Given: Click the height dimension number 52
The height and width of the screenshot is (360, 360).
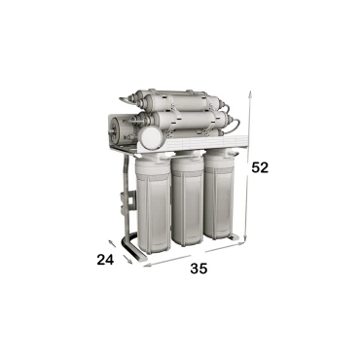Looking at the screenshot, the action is tap(260, 167).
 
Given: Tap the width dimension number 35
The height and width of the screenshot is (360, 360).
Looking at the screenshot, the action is tap(198, 269).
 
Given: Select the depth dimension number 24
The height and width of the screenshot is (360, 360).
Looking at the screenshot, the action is tap(105, 260).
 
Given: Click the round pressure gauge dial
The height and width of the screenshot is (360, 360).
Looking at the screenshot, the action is tap(150, 137).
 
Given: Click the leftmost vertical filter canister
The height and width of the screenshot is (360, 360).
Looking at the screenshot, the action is tap(154, 203).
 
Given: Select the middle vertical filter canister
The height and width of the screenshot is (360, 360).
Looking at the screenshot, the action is tap(188, 198).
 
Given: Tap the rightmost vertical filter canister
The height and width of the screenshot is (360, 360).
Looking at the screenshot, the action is tap(219, 192).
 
